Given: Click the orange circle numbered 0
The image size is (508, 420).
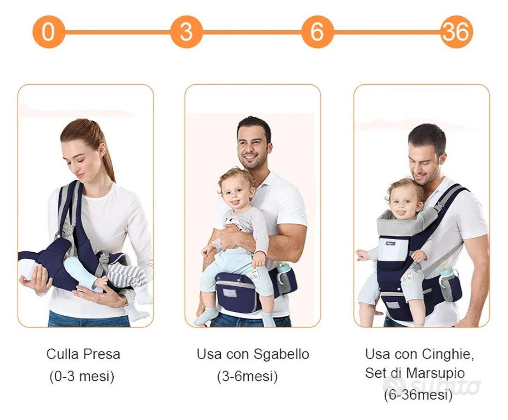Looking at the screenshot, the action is click(x=49, y=32).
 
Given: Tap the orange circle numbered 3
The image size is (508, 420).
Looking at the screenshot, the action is click(x=186, y=32).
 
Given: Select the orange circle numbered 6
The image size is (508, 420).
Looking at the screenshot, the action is click(x=317, y=32).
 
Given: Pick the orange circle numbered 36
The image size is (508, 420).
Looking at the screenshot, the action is click(x=456, y=32).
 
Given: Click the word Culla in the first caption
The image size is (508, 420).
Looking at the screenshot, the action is click(x=62, y=354).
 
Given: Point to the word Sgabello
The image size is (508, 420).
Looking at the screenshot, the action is click(x=281, y=355).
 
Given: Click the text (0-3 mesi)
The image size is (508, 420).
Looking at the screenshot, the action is click(x=82, y=376).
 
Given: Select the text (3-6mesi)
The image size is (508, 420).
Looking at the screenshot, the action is click(x=247, y=376).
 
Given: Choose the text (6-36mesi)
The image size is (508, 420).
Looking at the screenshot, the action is click(x=418, y=395).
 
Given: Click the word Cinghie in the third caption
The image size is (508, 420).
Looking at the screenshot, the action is click(x=447, y=355).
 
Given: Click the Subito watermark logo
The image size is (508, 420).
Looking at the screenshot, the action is click(x=431, y=387).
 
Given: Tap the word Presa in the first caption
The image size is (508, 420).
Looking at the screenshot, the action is click(x=102, y=354).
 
